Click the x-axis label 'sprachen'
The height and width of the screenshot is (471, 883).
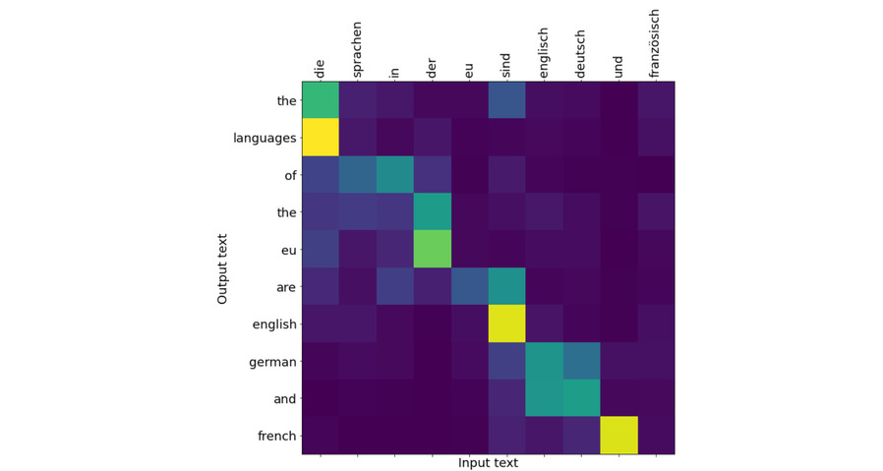click(x=357, y=49)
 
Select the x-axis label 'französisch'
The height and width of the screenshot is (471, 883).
click(x=656, y=43)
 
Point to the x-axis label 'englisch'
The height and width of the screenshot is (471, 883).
click(x=544, y=51)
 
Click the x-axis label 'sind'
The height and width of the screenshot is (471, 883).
click(x=506, y=64)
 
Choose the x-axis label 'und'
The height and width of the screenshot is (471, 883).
click(x=618, y=65)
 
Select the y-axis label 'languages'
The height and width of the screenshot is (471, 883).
click(x=265, y=138)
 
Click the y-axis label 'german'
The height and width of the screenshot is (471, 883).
click(x=272, y=362)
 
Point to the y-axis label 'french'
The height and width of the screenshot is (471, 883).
click(x=276, y=436)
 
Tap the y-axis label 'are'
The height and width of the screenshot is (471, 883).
click(x=285, y=287)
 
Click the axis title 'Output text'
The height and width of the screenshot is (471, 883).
click(x=223, y=267)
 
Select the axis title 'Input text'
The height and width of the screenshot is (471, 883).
click(x=488, y=462)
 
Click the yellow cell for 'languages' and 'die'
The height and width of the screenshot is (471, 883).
click(x=321, y=138)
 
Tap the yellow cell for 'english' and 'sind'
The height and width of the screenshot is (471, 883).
click(x=507, y=324)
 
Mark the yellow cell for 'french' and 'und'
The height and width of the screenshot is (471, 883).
click(x=619, y=436)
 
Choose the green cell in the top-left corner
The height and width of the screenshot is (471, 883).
click(x=321, y=100)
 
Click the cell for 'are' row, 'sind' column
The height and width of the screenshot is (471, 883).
click(x=507, y=286)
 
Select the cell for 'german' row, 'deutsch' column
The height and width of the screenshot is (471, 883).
click(x=582, y=361)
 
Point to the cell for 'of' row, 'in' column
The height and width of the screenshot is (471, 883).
click(x=395, y=175)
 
